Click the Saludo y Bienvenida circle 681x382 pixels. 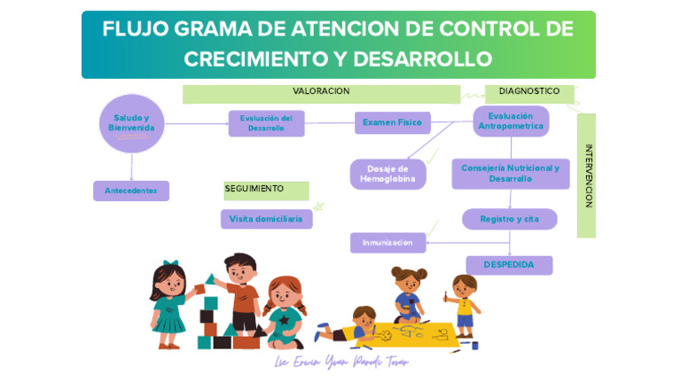pos(132,123)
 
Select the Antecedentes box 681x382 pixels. pos(131,191)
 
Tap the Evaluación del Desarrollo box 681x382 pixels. pos(266,123)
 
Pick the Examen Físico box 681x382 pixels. pos(392,122)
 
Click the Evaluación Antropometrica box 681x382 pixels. pos(511,121)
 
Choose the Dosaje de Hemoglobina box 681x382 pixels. pos(387,174)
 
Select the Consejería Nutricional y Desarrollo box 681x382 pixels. pos(510,174)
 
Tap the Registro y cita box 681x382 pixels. pos(509,219)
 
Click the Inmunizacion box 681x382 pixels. pos(387,242)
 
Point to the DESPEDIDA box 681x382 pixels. pos(509,265)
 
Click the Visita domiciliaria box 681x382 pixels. pos(266,219)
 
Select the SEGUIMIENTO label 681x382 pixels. pos(254,189)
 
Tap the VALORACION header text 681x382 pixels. pos(321,91)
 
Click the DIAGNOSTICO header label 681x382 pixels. pos(529,91)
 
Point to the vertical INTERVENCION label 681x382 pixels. pos(588,175)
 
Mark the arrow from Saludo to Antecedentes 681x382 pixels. pos(132,168)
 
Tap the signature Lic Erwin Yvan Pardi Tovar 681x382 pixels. pos(341,363)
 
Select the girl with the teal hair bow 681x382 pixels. pos(168,297)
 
